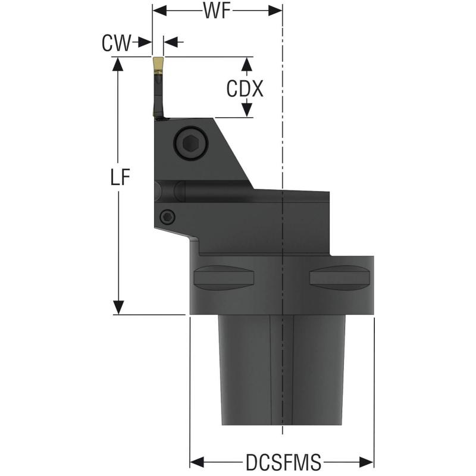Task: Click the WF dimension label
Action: [x=217, y=11]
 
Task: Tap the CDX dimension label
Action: [x=245, y=89]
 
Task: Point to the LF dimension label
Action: [x=120, y=178]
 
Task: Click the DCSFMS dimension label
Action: [x=283, y=462]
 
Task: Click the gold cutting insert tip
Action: [x=158, y=64]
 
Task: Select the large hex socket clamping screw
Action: [x=190, y=143]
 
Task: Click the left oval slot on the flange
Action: [x=223, y=277]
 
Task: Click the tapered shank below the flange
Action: [x=282, y=369]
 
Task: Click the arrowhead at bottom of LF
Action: [x=119, y=307]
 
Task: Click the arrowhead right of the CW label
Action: [x=145, y=42]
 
